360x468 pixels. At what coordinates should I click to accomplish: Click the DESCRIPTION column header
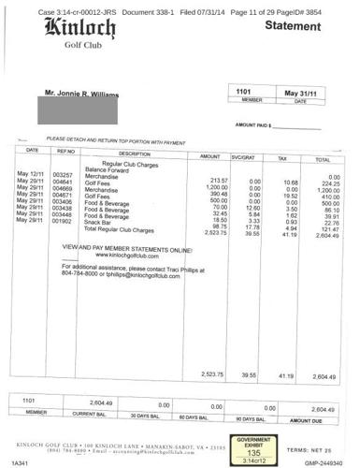pos(135,154)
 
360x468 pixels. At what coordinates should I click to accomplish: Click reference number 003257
pos(64,174)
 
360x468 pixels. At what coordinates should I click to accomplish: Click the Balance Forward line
pos(110,168)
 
